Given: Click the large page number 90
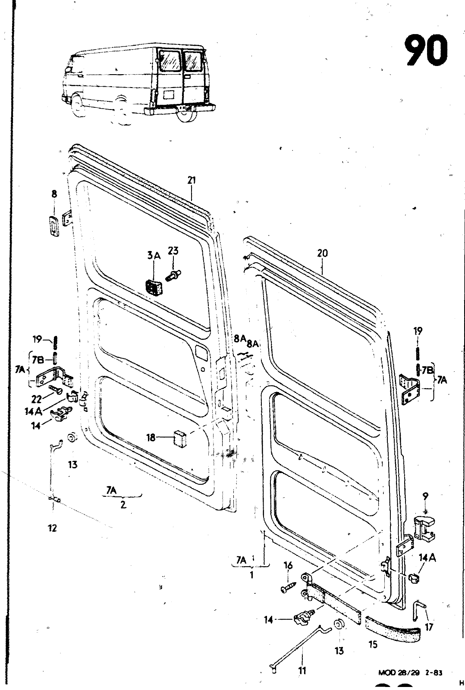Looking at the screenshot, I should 425,51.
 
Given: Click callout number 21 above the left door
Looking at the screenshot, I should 192,181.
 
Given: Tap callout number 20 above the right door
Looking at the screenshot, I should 322,253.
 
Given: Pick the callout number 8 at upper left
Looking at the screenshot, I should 54,194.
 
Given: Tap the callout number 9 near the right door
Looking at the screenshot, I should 425,496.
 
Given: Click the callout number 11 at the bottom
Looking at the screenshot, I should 302,671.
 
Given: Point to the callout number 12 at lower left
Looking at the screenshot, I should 52,528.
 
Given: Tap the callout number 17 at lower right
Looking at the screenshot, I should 428,627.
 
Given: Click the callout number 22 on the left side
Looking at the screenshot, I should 36,399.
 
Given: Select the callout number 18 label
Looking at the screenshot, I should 151,438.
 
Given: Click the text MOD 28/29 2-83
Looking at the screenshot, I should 410,672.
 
